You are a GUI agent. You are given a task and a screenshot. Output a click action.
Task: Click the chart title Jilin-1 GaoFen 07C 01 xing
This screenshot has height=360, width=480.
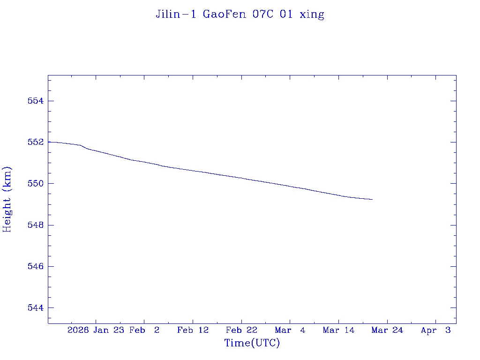pos(240,15)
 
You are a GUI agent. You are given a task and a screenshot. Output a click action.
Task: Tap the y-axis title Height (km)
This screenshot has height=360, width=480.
pos(7,199)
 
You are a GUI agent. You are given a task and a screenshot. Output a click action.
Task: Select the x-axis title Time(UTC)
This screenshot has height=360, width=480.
pos(252,343)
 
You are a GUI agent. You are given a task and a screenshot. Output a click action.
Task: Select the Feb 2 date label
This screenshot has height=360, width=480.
pos(144,330)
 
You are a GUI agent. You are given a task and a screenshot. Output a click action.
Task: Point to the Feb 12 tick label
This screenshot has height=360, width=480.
pos(193,330)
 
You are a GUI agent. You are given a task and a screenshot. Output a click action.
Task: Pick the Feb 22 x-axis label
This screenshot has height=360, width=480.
pos(241,330)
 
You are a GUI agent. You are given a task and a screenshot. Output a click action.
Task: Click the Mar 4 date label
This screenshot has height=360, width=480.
pos(290,330)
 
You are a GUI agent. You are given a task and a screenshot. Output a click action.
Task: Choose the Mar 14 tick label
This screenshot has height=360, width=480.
pos(338,330)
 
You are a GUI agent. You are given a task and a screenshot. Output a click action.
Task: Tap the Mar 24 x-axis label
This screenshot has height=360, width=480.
pos(387,330)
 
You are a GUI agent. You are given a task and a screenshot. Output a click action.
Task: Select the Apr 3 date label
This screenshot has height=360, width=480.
pos(436,330)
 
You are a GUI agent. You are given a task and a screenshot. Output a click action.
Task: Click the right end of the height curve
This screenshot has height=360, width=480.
pos(372,200)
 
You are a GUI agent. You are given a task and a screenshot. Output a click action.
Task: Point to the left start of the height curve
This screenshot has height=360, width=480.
pos(49,142)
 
